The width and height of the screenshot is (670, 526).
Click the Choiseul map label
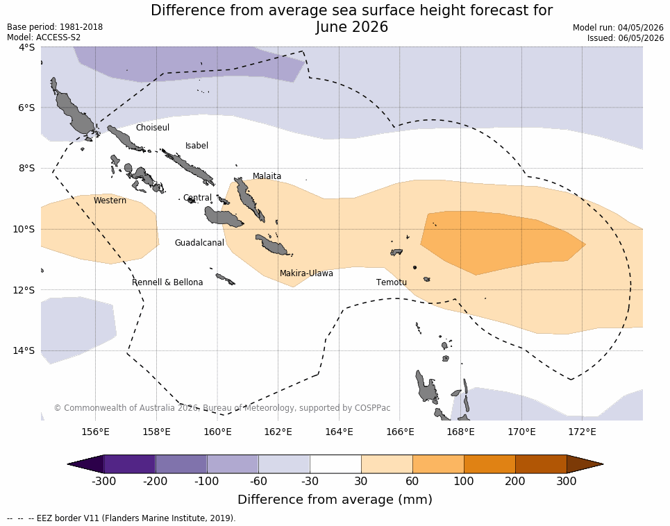click(x=153, y=127)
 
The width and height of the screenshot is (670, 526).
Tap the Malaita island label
click(x=267, y=176)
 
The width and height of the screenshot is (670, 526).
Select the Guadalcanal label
click(x=199, y=242)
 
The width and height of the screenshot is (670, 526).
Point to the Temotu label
click(x=392, y=282)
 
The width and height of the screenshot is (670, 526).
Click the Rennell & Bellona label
click(x=167, y=282)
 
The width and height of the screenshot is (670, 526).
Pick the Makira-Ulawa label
click(x=306, y=273)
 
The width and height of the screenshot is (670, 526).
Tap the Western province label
click(x=110, y=201)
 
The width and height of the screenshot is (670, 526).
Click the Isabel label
click(x=196, y=146)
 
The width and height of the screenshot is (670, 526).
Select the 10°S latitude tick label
click(x=24, y=229)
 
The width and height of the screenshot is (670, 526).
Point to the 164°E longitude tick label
click(x=340, y=432)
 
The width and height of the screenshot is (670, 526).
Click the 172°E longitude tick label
click(x=582, y=432)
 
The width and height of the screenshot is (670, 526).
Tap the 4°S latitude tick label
click(x=26, y=47)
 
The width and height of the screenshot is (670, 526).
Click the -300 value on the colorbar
click(x=104, y=481)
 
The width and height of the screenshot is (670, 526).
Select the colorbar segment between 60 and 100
click(x=438, y=464)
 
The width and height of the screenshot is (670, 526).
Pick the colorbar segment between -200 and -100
click(x=181, y=464)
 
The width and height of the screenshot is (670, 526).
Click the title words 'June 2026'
click(x=352, y=27)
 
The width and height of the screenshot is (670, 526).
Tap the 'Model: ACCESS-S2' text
click(x=44, y=37)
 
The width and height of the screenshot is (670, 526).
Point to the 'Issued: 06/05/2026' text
click(x=626, y=37)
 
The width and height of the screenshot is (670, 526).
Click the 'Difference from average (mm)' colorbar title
click(x=335, y=499)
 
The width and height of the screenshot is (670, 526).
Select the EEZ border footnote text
click(x=122, y=518)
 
